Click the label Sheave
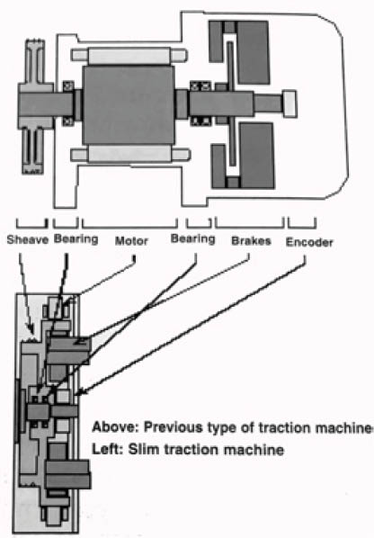click(28, 239)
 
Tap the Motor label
click(131, 241)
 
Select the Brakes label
click(251, 241)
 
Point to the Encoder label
click(309, 242)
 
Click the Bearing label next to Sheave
click(76, 238)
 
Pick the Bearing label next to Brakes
click(193, 238)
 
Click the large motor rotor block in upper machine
click(129, 104)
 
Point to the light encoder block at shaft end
click(289, 103)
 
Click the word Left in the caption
click(107, 450)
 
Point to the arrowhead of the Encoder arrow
click(78, 393)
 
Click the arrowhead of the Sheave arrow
click(31, 330)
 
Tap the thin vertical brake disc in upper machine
click(231, 103)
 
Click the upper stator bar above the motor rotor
click(129, 55)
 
